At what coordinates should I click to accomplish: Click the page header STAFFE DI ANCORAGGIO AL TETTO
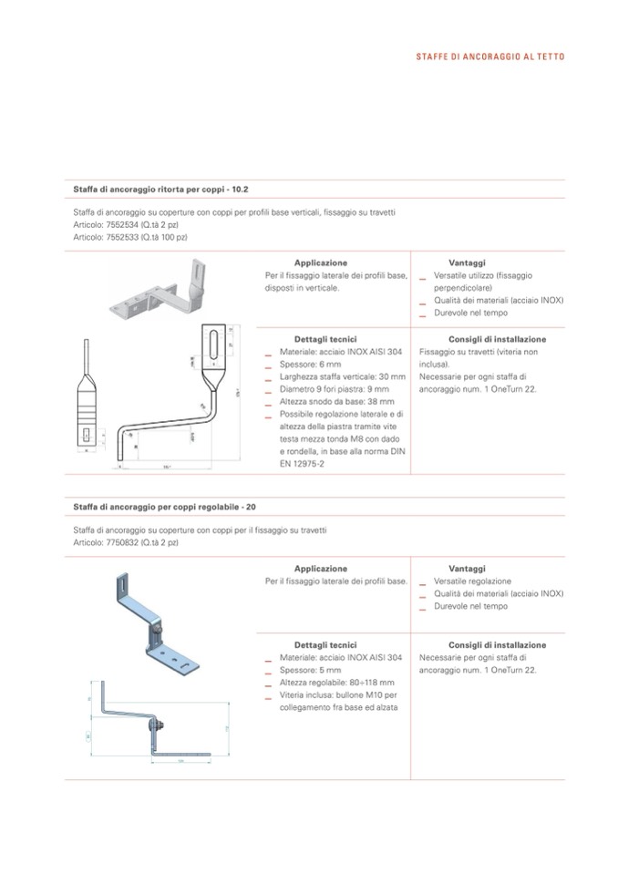pos(489,57)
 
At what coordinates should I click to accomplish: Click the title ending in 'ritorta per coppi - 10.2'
pos(160,190)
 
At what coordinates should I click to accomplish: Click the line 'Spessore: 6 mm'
pos(310,364)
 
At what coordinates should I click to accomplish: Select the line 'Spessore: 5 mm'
pos(310,670)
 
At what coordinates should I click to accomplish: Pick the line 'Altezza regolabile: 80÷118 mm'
pos(336,683)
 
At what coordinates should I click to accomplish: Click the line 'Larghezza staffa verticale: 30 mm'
pos(340,376)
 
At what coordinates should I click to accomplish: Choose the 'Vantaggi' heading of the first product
pos(467,262)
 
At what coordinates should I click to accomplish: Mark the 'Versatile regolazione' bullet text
pos(472,581)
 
